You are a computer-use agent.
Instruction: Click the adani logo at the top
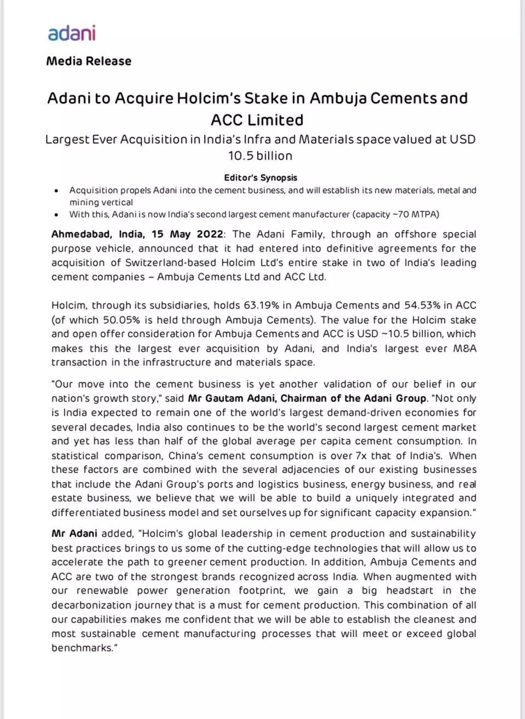(x=72, y=33)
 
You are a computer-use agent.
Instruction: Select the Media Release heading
(x=89, y=61)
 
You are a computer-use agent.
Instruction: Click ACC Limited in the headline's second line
(x=257, y=120)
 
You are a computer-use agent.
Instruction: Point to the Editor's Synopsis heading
(x=260, y=177)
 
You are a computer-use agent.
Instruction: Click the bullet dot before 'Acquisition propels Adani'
(x=57, y=191)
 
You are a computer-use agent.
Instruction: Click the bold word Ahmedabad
(x=82, y=234)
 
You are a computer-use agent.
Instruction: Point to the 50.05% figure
(x=118, y=320)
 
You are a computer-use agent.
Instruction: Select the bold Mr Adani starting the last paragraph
(x=74, y=534)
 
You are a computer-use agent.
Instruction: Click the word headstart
(x=410, y=590)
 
